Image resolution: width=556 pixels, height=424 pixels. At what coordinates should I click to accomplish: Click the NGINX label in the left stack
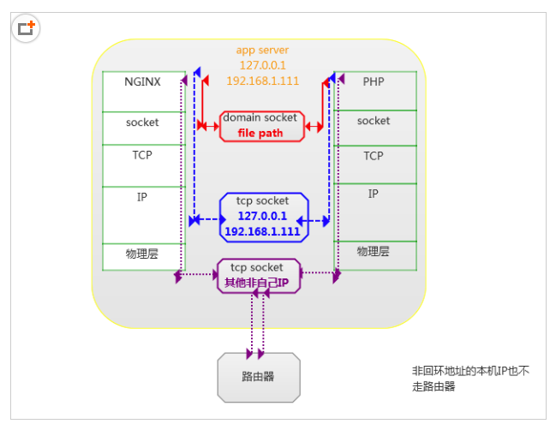pos(142,82)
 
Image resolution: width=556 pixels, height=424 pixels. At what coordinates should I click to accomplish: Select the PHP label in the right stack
pos(374,82)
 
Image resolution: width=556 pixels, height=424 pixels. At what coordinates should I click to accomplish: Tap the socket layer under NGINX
pos(142,122)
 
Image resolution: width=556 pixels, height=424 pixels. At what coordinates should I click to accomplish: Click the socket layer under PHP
pos(374,122)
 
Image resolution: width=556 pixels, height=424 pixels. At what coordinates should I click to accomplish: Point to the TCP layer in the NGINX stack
pos(142,156)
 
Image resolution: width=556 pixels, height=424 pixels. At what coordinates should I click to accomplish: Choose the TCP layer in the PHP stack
pos(374,156)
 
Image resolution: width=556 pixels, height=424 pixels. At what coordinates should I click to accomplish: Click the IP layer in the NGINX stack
pos(142,197)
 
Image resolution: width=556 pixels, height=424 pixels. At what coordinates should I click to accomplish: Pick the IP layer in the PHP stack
pos(374,194)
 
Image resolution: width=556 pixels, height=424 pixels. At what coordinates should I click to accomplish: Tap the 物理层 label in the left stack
pos(142,254)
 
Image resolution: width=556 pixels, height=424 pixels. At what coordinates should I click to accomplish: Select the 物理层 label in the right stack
pos(374,252)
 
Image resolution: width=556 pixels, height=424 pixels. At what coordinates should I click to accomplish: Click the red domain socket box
pos(261,125)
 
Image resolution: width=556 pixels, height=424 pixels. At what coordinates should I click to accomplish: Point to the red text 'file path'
pos(260,134)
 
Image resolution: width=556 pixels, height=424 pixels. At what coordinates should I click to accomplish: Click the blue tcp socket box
pos(262,216)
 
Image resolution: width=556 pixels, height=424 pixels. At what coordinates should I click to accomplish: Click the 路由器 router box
pos(258,376)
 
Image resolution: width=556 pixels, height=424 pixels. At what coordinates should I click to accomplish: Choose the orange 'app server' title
pos(262,50)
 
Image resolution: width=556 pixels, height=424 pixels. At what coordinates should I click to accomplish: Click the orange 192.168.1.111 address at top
pos(262,81)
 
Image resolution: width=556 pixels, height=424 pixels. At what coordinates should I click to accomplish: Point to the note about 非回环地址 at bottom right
pos(470,379)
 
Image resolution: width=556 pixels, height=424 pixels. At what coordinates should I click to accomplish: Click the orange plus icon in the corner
pos(26,27)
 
